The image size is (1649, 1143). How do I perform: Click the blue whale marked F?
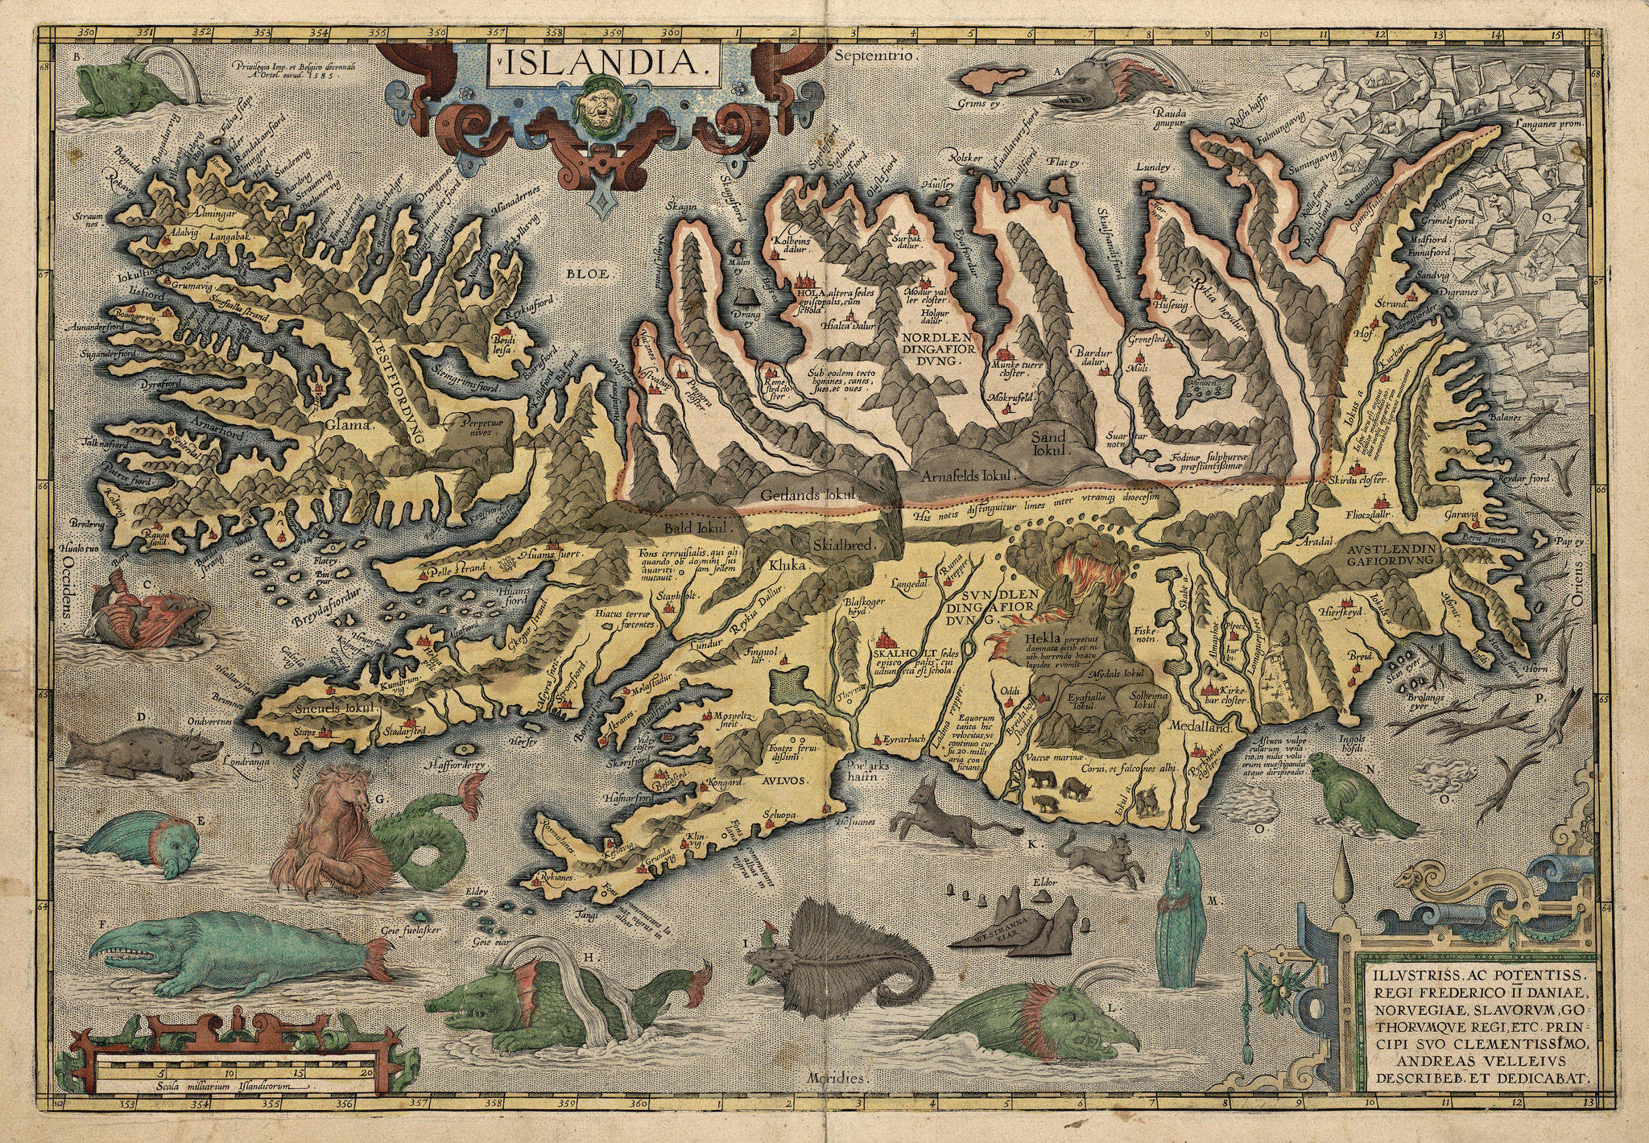tap(234, 958)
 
